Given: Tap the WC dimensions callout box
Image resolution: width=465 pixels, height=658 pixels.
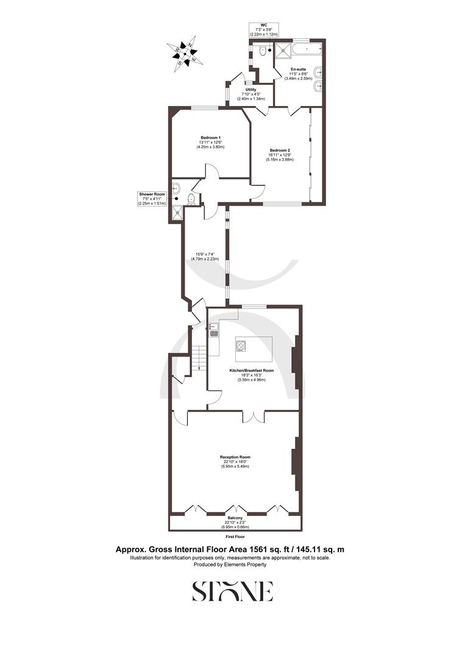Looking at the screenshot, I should (264, 30).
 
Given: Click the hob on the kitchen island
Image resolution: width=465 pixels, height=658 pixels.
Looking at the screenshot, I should (241, 345).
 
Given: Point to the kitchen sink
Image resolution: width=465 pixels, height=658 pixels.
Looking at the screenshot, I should (214, 331).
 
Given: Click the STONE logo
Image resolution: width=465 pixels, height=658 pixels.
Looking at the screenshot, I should (232, 591).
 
